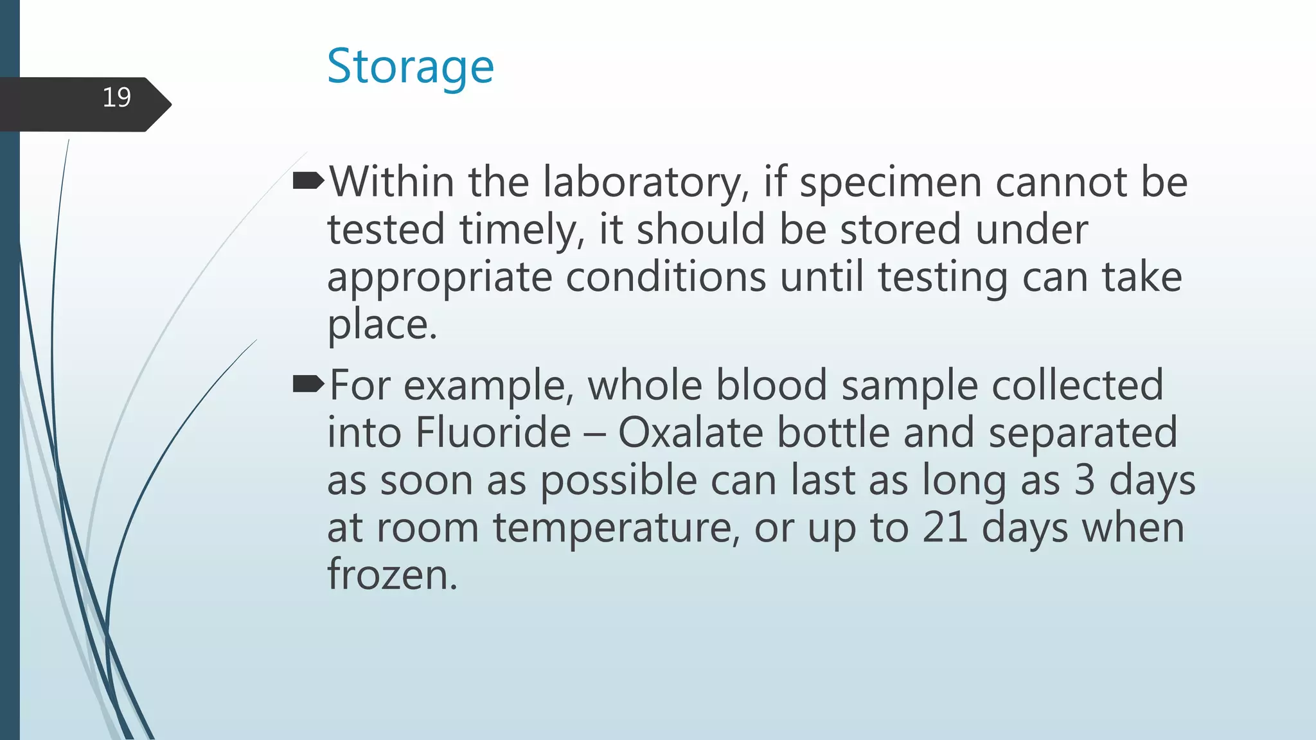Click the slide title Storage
point(410,67)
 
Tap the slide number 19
point(116,98)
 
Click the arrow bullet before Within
point(308,182)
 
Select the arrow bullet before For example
point(308,385)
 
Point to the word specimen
point(891,184)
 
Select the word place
point(382,325)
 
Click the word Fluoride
point(493,432)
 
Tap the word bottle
point(833,432)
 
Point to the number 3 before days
point(1085,480)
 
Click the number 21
point(945,527)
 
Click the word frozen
point(391,574)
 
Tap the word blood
point(771,385)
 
